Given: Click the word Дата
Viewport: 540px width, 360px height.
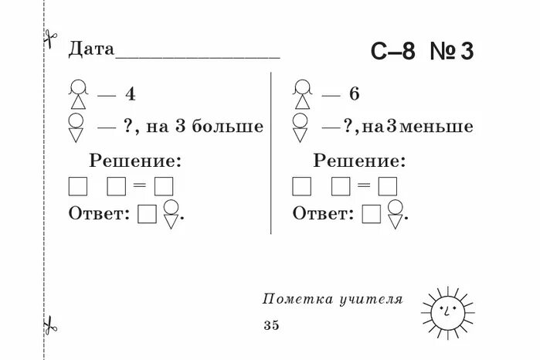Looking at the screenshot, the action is click(x=91, y=50).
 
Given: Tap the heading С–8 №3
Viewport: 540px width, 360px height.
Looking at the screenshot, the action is click(x=421, y=52).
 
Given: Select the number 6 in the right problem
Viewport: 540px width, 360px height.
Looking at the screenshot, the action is click(x=354, y=95).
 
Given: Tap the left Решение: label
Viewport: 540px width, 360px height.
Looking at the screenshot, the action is click(x=135, y=161).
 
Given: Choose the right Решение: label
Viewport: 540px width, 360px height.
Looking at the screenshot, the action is click(x=358, y=161).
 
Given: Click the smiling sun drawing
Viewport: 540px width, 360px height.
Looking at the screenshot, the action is click(x=447, y=311).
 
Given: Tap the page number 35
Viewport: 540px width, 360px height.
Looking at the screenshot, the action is click(x=270, y=325).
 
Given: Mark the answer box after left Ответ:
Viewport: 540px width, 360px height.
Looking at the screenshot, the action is click(x=148, y=214).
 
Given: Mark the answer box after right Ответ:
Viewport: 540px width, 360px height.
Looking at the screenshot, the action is click(x=372, y=214).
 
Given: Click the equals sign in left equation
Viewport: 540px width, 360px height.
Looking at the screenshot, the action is click(x=139, y=186).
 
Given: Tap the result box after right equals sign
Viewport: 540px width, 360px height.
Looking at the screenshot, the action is click(x=387, y=186).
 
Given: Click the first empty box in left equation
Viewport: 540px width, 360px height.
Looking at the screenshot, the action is click(x=78, y=186).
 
